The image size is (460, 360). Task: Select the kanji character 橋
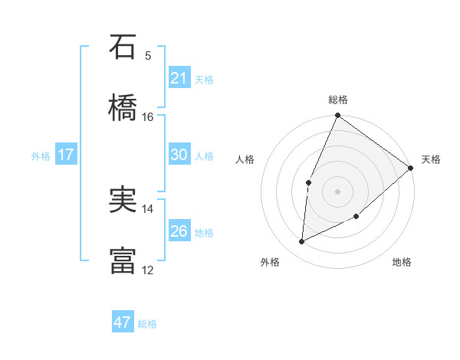123,109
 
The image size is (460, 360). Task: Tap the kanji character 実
123,200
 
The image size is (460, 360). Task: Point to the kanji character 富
123,261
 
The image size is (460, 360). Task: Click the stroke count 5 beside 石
148,55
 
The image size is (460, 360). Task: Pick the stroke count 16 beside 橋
148,116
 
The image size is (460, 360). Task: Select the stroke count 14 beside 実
148,208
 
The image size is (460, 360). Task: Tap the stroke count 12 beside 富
148,270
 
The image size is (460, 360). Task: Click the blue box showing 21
179,78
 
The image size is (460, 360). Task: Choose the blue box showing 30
179,155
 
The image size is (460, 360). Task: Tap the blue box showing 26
179,231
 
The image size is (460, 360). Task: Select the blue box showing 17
65,155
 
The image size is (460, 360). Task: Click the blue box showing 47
123,322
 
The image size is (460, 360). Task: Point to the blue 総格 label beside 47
147,324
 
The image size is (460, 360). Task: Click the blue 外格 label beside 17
41,156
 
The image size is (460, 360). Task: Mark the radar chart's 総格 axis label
338,100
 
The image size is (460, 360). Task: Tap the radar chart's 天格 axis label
431,159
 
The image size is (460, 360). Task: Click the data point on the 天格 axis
410,168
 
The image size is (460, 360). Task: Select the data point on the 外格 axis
302,242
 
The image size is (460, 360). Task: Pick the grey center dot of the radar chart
337,191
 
